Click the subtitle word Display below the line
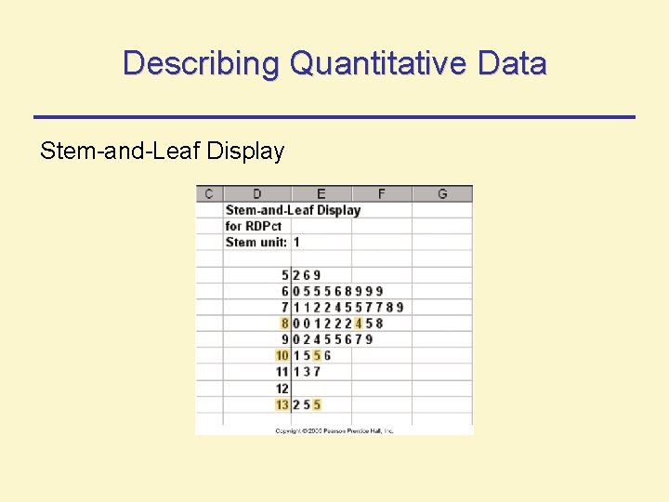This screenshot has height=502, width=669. coord(245,151)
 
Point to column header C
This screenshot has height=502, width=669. coord(208,193)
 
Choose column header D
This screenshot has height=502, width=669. coord(256,193)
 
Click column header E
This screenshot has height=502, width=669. coord(321,193)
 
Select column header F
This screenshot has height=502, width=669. coord(381,193)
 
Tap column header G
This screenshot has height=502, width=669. coord(441,193)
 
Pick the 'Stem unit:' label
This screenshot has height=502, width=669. coord(256,242)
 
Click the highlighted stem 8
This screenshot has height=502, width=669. coord(284,324)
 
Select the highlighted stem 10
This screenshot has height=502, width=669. coord(282,356)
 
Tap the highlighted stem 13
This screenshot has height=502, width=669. coord(282,404)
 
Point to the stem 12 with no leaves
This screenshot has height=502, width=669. coord(282,389)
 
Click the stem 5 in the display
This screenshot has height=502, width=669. coord(284,275)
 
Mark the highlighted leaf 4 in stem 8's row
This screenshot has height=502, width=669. coord(358,324)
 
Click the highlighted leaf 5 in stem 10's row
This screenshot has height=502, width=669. coord(317,356)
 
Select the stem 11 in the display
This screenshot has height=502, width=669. coord(282,372)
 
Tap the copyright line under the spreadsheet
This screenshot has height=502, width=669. coord(334,430)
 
